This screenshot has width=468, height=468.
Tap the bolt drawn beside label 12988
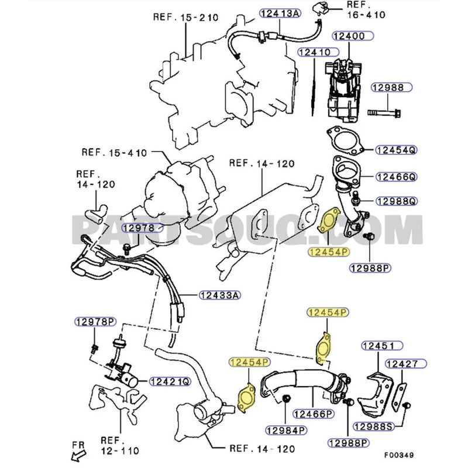384,111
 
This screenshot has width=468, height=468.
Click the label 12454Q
395,150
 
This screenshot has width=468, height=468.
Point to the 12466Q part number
395,176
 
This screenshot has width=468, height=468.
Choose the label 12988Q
395,201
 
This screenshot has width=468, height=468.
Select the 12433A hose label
219,295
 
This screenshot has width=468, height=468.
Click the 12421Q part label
170,381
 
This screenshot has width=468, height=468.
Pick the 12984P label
287,431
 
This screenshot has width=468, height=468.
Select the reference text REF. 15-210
186,17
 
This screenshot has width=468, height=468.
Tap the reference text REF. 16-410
365,11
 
